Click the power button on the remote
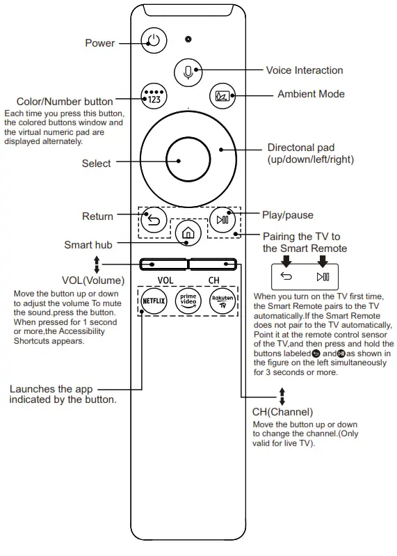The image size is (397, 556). tap(153, 40)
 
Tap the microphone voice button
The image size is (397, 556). tap(187, 71)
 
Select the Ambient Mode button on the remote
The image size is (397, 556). tap(222, 96)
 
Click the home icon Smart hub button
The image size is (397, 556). tap(187, 234)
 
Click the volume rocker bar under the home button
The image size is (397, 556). tap(163, 264)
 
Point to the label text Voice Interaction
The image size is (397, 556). tap(304, 70)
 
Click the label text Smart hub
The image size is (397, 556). tap(88, 245)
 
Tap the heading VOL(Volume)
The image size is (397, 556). tap(93, 281)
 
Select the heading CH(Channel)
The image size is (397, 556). tap(282, 412)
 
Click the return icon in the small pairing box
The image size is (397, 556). tap(286, 276)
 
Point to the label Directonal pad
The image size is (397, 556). tap(300, 148)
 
